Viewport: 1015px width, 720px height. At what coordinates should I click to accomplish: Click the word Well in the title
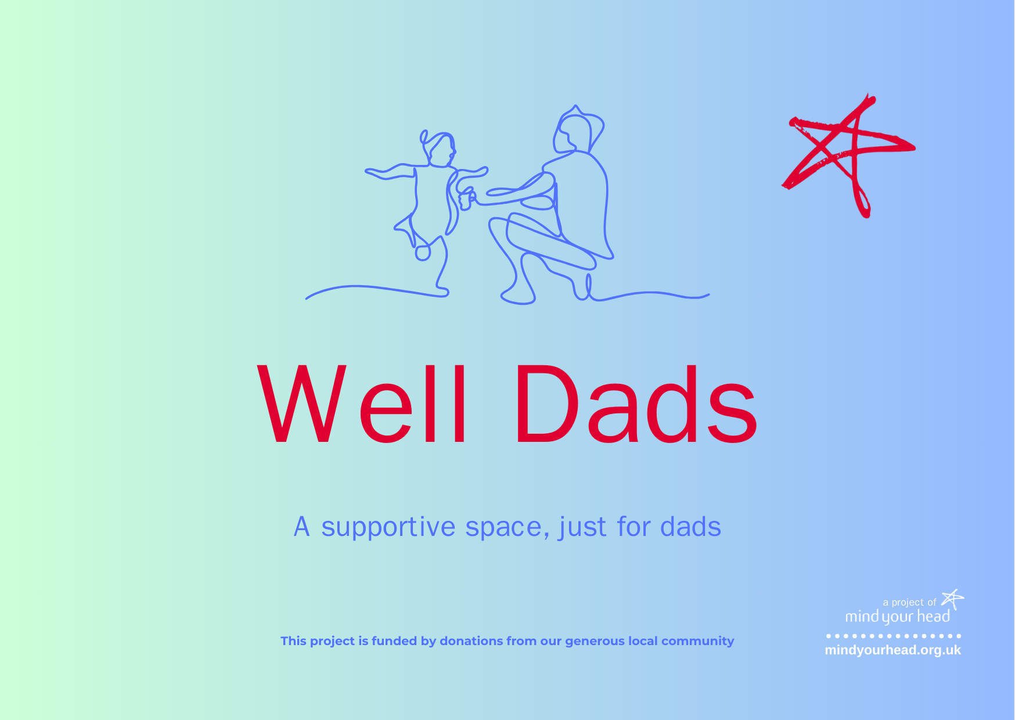click(x=362, y=404)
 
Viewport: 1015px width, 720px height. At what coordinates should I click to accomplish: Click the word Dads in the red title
click(x=636, y=404)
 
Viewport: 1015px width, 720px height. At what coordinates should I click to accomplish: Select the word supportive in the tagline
click(x=388, y=528)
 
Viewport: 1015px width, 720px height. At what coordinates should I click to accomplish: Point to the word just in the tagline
click(x=582, y=528)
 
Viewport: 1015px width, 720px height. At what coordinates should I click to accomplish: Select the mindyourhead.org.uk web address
click(x=892, y=650)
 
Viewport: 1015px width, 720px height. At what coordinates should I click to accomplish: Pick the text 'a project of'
click(x=909, y=603)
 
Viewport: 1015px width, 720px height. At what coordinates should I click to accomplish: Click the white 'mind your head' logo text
click(x=897, y=617)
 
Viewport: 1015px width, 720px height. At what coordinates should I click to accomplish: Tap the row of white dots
click(x=893, y=636)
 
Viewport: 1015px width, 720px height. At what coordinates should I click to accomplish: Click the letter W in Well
click(x=302, y=404)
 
